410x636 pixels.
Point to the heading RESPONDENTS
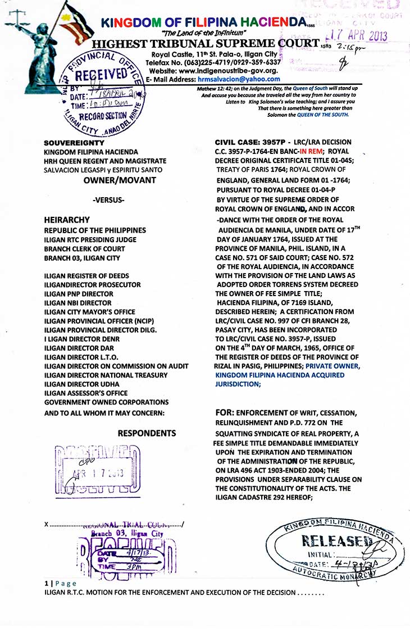(x=147, y=433)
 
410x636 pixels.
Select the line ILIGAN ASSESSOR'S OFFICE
(x=86, y=393)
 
